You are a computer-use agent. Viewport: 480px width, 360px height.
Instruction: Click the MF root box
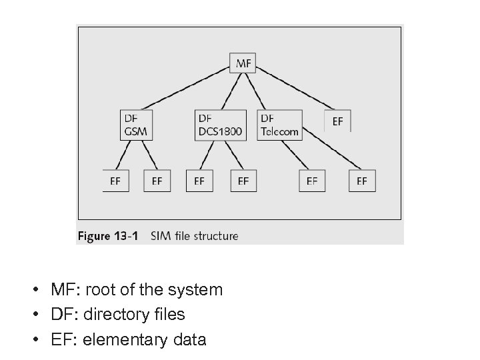(x=244, y=63)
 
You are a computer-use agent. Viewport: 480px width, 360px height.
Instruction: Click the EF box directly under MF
(x=337, y=121)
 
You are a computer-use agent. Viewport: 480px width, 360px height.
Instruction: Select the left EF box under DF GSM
(x=115, y=181)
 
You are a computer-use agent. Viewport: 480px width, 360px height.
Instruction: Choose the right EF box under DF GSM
(x=157, y=181)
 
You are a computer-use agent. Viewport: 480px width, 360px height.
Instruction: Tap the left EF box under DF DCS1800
(x=199, y=181)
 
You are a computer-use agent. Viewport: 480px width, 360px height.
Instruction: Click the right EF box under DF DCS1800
(x=243, y=181)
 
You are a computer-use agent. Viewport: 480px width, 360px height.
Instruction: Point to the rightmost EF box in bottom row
(x=362, y=181)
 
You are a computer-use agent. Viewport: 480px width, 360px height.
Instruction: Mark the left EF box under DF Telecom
(x=312, y=181)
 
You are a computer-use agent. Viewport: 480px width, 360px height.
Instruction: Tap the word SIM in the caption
(x=161, y=236)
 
